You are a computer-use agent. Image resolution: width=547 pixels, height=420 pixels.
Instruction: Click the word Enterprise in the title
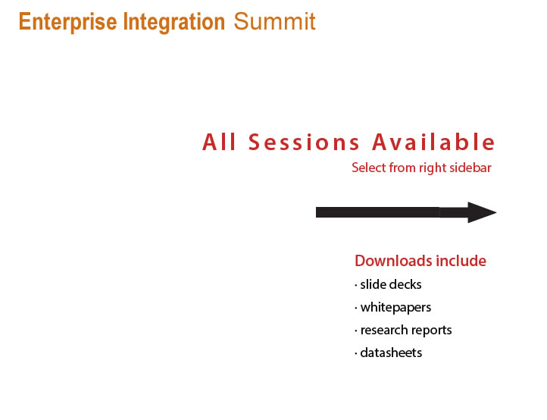[x=68, y=23]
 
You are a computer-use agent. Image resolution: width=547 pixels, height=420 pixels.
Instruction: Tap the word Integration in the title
[x=174, y=23]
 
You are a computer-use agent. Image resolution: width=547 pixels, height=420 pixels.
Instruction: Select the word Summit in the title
[x=274, y=22]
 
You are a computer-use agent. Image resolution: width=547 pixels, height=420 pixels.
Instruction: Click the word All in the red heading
[x=219, y=142]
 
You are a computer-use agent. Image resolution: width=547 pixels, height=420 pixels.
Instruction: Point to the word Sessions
[x=304, y=143]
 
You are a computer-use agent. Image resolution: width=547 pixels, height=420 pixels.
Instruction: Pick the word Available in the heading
[x=433, y=142]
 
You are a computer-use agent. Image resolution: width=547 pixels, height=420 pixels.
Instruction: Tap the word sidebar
[x=470, y=168]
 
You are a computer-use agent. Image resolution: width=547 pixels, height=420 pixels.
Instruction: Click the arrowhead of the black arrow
[x=481, y=212]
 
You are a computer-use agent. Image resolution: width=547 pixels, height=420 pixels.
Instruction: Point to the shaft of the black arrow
[x=392, y=212]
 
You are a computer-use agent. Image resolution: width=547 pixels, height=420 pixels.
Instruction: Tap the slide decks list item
[x=388, y=284]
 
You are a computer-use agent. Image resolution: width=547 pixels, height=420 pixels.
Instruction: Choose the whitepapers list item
[x=392, y=308]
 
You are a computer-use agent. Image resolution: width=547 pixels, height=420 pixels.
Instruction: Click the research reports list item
[x=403, y=331]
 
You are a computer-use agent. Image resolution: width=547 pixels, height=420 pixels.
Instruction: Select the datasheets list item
[x=388, y=353]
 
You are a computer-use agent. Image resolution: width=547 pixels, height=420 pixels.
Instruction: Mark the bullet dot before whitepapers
[x=356, y=309]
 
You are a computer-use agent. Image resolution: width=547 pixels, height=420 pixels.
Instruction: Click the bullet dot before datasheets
[x=356, y=354]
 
